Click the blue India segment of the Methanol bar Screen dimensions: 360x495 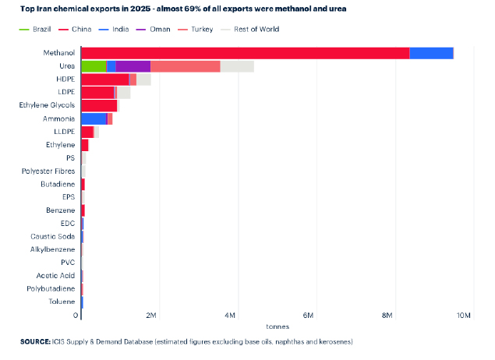point(431,53)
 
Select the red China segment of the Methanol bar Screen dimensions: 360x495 point(245,53)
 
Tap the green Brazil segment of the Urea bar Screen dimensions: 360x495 point(94,66)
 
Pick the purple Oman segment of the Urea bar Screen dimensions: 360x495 point(133,66)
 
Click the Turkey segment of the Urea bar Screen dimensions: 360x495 point(185,66)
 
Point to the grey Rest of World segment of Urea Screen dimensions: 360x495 point(237,66)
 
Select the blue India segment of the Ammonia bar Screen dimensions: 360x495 point(94,118)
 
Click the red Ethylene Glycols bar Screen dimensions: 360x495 point(99,105)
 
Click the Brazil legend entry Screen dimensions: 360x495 point(40,29)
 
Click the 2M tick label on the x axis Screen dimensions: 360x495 point(151,315)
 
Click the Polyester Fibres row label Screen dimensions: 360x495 point(48,171)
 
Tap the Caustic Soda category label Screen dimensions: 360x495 point(53,236)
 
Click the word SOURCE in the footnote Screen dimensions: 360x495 point(36,342)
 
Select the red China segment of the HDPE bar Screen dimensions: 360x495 point(104,79)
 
